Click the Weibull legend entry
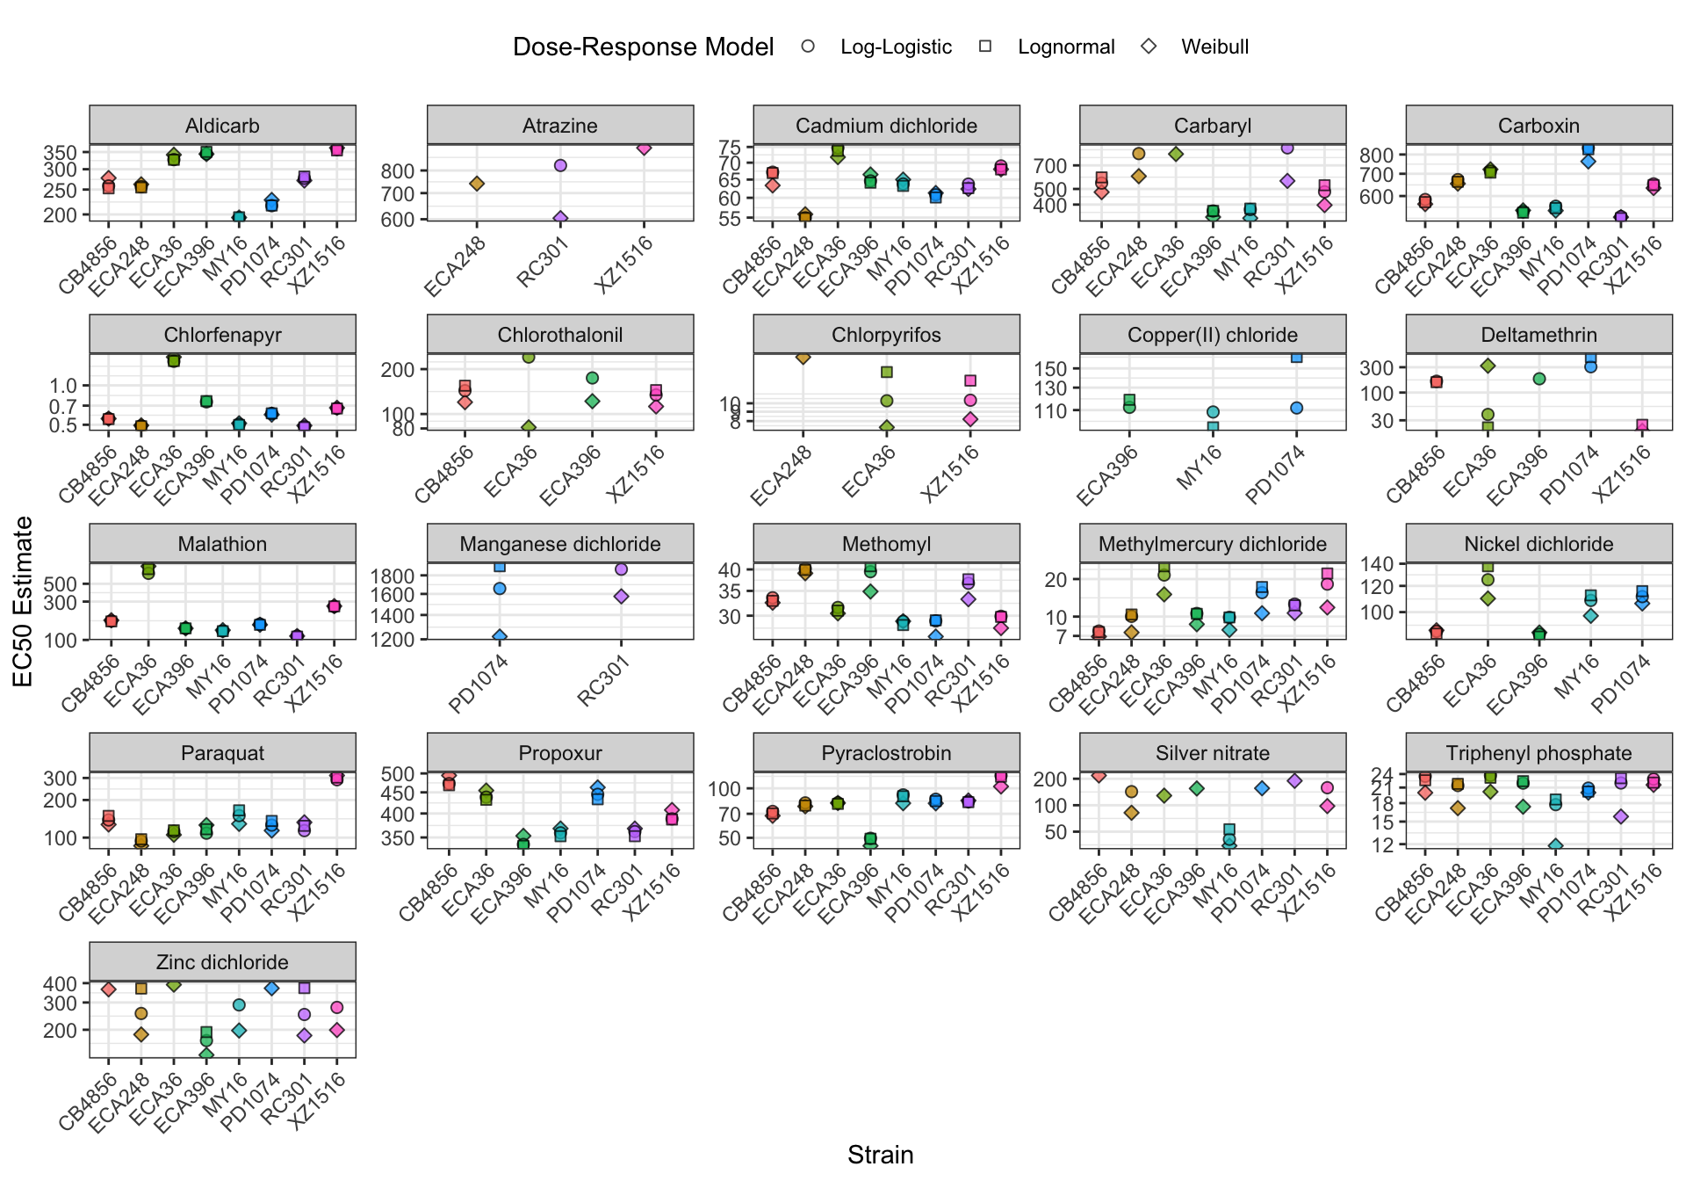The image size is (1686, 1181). (x=1214, y=47)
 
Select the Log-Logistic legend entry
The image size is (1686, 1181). (x=895, y=47)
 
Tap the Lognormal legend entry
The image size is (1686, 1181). (x=1065, y=47)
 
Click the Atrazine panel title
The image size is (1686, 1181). (x=560, y=126)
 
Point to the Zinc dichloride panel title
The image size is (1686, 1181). (x=222, y=962)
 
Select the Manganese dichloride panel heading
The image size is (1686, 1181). (x=560, y=544)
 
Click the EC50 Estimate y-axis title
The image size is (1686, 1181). (x=23, y=601)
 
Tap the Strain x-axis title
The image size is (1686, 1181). (x=880, y=1155)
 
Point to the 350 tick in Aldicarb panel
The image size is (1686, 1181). (x=60, y=153)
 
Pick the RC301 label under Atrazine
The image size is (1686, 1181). (x=544, y=263)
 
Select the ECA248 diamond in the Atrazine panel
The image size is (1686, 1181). (x=477, y=184)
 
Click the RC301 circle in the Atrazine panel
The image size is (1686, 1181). (x=560, y=165)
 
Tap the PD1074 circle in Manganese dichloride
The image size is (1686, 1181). (x=500, y=589)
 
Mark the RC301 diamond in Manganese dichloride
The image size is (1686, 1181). (x=621, y=597)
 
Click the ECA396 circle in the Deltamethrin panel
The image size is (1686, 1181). (x=1539, y=379)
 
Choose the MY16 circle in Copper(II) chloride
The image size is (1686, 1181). (x=1213, y=412)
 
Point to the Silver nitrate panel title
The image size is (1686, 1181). (x=1212, y=753)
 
